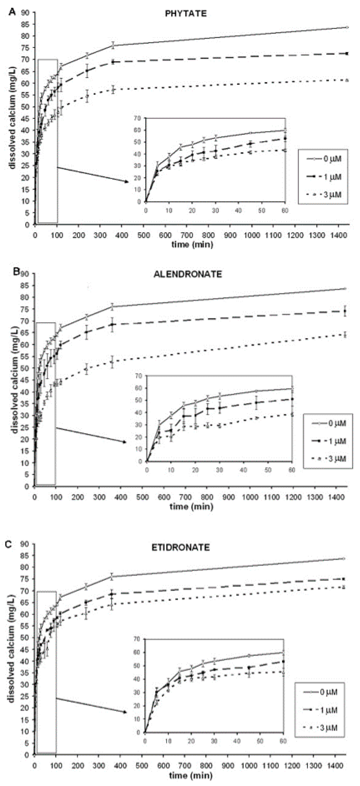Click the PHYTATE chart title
click(x=186, y=14)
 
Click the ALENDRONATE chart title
click(x=188, y=274)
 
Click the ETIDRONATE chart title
click(x=181, y=547)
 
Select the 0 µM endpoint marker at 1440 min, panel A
click(x=347, y=27)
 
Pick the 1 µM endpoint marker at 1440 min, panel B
click(x=345, y=311)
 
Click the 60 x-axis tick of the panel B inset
click(x=292, y=470)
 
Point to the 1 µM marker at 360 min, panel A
click(x=113, y=62)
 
